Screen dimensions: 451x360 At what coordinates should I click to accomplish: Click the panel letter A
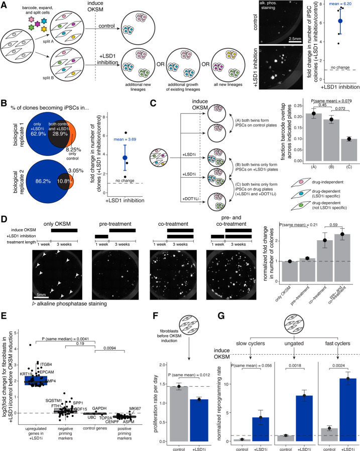[4, 5]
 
